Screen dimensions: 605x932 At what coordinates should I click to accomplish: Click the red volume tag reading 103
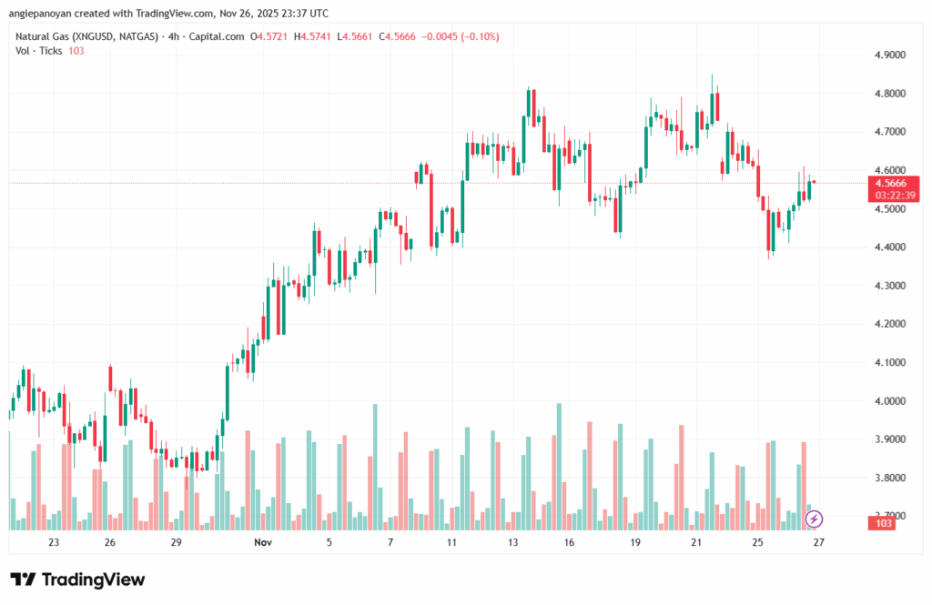pos(882,524)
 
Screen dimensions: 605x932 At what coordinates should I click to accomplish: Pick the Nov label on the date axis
pos(262,543)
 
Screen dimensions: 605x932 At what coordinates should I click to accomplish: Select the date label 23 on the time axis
pos(54,543)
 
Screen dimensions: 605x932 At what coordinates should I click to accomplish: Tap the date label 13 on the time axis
pos(513,543)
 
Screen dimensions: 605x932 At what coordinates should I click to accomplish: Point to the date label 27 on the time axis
pos(819,543)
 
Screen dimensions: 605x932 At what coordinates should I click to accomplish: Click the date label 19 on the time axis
pos(635,543)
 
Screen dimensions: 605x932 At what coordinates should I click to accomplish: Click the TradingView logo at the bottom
pos(77,580)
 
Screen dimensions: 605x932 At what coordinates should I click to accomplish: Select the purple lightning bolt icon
pos(815,519)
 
